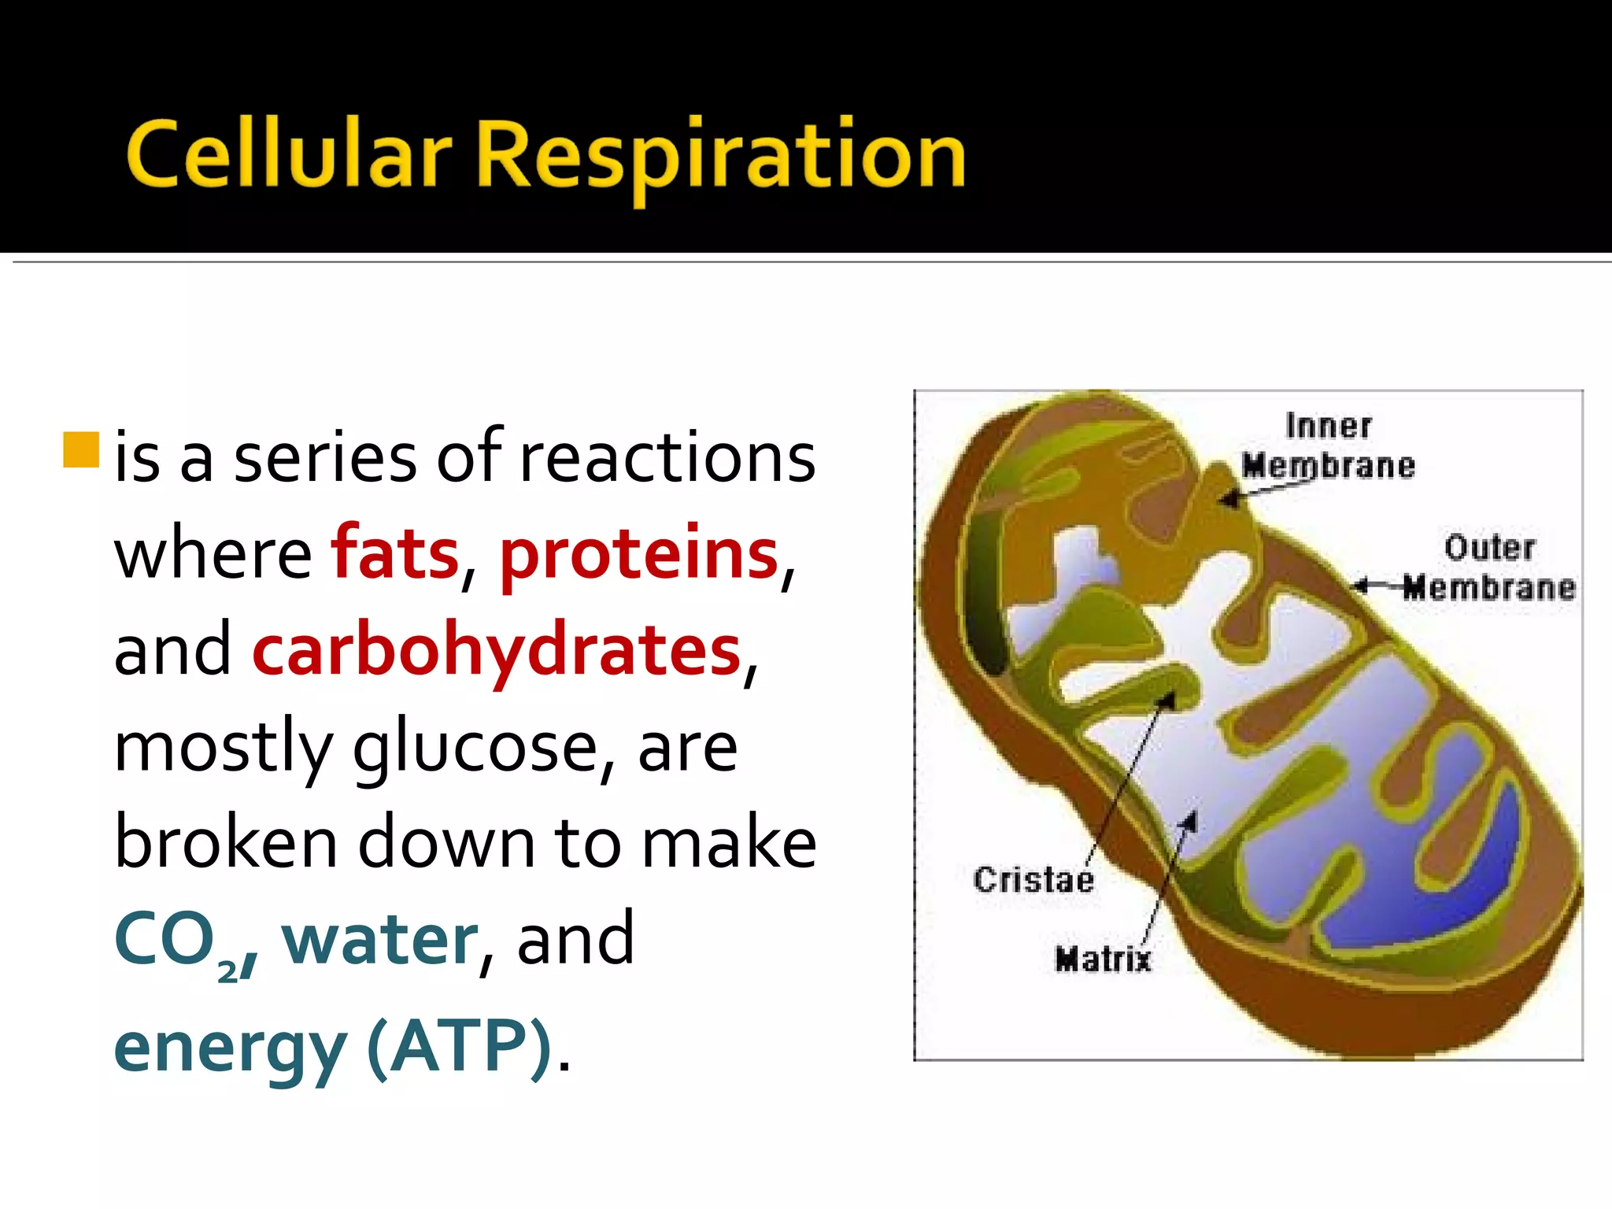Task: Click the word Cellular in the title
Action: (288, 154)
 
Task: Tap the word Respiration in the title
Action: (720, 156)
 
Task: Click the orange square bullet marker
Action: (80, 449)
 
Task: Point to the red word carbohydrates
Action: (497, 650)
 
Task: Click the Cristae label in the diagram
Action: (1033, 879)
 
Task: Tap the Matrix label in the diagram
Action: (1103, 959)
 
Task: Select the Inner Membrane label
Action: (1329, 446)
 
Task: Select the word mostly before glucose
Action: (224, 749)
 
